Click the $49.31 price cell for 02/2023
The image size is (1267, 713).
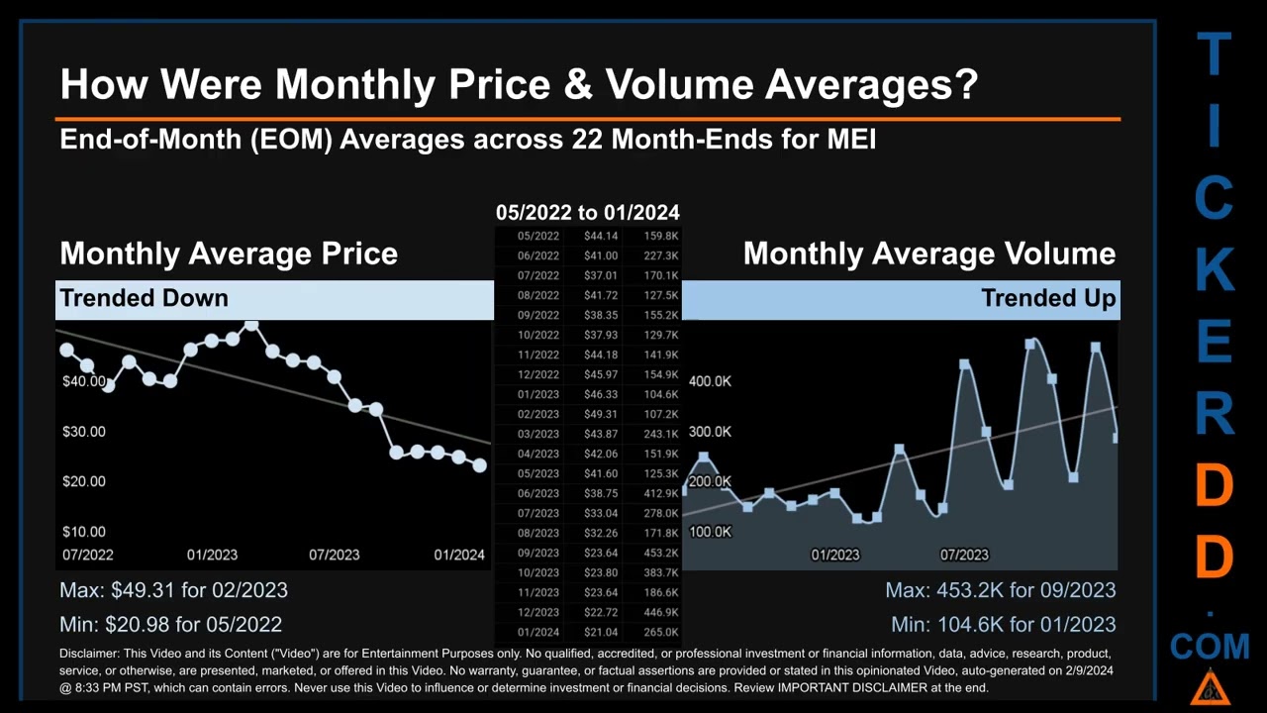click(601, 414)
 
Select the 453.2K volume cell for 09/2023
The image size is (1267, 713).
click(660, 553)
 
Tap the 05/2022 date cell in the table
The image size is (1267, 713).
click(538, 236)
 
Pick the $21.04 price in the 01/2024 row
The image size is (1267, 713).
click(601, 632)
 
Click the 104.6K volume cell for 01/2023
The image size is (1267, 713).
click(660, 394)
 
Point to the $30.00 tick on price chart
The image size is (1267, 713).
click(84, 432)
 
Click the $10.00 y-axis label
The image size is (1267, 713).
click(84, 532)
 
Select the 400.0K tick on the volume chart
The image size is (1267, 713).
click(710, 381)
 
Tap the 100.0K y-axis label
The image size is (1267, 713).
click(710, 532)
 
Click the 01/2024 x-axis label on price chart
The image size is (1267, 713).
click(459, 555)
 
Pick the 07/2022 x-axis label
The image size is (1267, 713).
click(87, 555)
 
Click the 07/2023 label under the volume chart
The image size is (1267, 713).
click(964, 555)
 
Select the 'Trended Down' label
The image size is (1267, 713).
click(145, 298)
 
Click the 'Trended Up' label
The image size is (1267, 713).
click(1048, 298)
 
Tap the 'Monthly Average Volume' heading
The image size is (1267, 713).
click(929, 254)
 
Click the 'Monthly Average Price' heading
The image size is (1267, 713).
click(229, 254)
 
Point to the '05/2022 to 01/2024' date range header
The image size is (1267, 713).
click(588, 212)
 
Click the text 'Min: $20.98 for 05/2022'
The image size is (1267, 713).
click(171, 625)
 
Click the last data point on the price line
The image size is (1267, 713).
click(480, 464)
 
